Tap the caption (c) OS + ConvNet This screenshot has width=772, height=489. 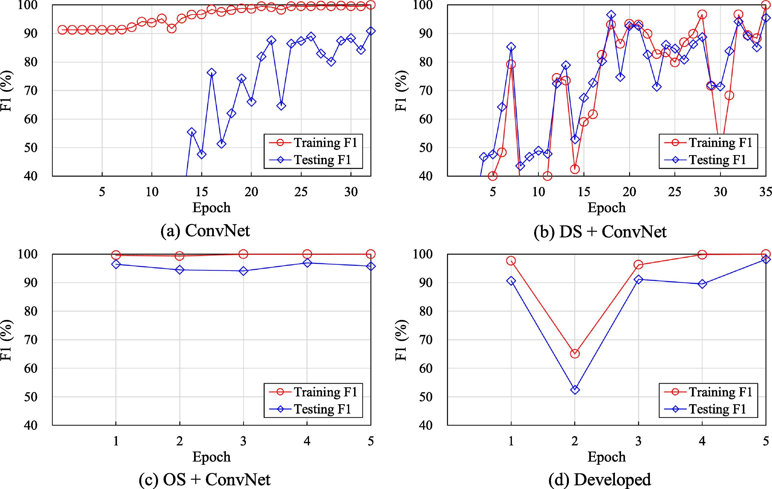205,480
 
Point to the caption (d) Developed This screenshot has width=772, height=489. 599,480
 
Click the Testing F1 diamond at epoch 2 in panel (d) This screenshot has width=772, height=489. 575,390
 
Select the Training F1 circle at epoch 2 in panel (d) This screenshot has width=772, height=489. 575,354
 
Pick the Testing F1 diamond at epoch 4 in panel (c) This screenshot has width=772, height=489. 307,263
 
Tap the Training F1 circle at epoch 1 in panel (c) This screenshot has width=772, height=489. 116,255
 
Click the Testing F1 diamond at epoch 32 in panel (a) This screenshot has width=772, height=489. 371,31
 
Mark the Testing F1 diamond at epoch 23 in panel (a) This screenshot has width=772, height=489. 281,106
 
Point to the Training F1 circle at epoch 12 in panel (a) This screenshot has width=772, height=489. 172,29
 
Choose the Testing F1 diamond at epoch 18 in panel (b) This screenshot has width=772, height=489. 611,15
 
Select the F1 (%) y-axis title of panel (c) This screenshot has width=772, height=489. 6,340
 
